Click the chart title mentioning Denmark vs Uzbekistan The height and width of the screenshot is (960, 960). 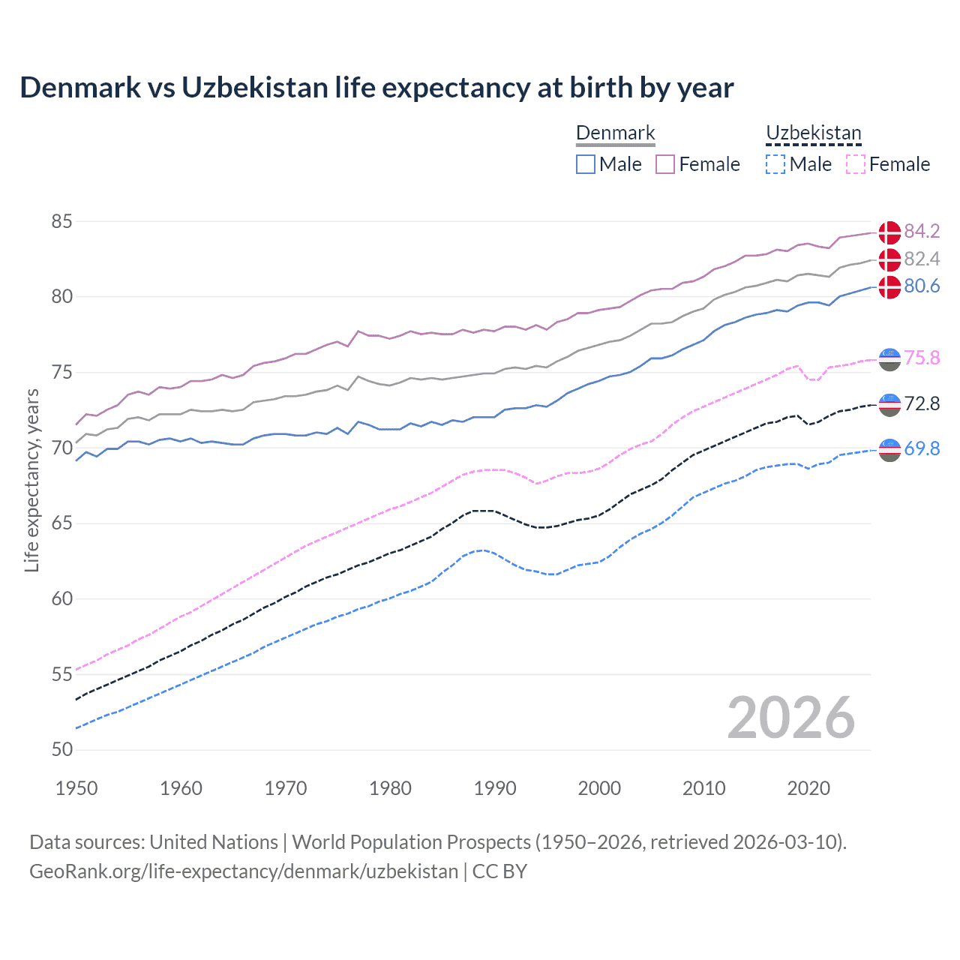coord(376,88)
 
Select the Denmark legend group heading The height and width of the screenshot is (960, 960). coord(615,133)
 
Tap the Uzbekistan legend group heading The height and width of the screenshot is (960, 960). coord(813,133)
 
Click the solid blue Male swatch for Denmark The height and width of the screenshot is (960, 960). coord(586,164)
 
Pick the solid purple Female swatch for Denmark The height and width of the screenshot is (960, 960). coord(665,164)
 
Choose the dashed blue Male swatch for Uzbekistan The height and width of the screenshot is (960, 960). coord(775,164)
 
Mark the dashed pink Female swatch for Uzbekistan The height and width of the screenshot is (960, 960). coord(855,164)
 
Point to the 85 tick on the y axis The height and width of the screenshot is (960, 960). coord(62,222)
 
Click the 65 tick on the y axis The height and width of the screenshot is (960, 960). coord(62,523)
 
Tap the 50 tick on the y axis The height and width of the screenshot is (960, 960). coord(62,750)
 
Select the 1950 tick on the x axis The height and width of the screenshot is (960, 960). coord(76,788)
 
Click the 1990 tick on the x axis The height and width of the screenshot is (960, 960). coord(495,788)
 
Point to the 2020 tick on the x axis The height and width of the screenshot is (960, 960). coord(808,788)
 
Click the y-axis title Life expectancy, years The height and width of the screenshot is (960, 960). coord(31,480)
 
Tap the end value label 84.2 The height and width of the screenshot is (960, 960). coord(922,231)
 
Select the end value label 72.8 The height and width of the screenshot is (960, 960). coord(922,404)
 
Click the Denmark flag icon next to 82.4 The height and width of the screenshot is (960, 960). coord(889,259)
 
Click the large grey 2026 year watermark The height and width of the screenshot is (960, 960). coord(790,718)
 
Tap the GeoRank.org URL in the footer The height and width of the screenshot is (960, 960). coord(244,871)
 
